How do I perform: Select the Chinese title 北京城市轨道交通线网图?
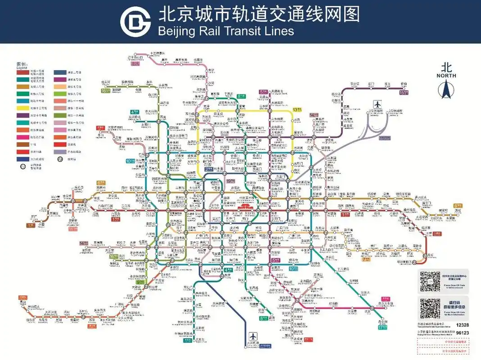(x=259, y=13)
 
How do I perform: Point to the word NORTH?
(x=446, y=76)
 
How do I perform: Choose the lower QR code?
(x=430, y=308)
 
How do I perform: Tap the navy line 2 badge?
(x=209, y=169)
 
